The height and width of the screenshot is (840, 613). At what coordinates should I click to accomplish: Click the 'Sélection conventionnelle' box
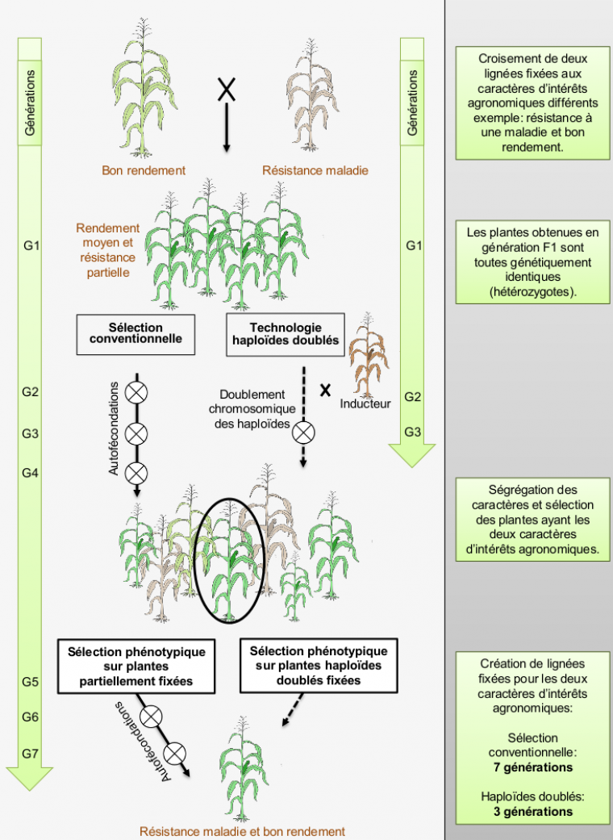coord(135,333)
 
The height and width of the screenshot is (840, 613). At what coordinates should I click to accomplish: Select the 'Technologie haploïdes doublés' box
coord(286,333)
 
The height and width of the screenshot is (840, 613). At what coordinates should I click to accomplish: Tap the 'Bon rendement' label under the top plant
coord(144,170)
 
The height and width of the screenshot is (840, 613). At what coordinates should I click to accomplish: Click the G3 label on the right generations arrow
coord(413,432)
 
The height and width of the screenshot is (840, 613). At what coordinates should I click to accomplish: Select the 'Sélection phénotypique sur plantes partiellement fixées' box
coord(136,667)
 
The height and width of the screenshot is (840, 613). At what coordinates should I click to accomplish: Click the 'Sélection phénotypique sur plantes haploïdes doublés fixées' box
coord(319,666)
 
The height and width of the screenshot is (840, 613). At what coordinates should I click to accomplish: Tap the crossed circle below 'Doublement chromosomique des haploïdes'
coord(304,433)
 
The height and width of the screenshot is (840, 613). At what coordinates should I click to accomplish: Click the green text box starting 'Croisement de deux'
coord(532,103)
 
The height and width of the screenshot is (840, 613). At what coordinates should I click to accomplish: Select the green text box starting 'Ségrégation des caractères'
coord(532,519)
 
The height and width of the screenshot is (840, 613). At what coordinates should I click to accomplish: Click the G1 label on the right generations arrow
coord(413,245)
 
